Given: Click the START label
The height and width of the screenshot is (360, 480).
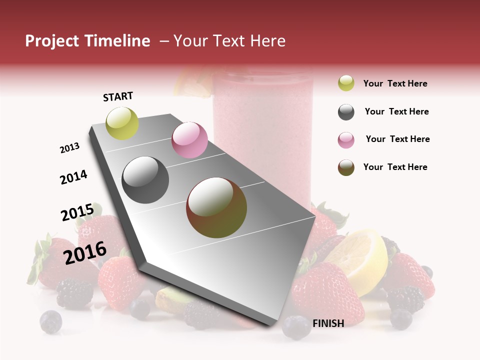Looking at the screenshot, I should (118, 96).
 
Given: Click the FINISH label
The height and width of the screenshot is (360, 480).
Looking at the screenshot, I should (328, 323).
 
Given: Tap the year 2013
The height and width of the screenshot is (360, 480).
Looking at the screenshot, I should (69, 148).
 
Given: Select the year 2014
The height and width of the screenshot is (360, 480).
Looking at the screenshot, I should (73, 177).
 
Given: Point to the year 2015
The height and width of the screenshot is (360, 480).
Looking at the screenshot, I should (77, 213).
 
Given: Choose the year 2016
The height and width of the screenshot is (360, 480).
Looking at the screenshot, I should (85, 253).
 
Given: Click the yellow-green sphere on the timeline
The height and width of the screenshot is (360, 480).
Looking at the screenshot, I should (122, 123).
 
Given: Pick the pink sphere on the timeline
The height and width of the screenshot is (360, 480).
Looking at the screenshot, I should (189, 140).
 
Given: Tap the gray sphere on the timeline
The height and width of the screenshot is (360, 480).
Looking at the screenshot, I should (145, 180).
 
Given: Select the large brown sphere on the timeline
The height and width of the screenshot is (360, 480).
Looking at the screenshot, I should (216, 207).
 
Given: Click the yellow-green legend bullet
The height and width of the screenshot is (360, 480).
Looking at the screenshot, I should (346, 83).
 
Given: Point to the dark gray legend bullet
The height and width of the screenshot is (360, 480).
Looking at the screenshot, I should (346, 112).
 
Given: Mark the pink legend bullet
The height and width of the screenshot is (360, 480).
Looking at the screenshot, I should (346, 140).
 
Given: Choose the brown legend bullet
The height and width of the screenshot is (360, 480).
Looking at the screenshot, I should (346, 167).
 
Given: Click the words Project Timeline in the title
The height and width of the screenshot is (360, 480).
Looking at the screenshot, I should (87, 41).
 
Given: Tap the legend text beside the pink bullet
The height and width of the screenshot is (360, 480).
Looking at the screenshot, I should (397, 139).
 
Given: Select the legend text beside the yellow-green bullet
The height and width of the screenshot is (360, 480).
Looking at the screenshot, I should (395, 83).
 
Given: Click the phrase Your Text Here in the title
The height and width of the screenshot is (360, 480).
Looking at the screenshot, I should (229, 41).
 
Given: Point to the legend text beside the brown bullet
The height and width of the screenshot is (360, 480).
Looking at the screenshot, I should (395, 167).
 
